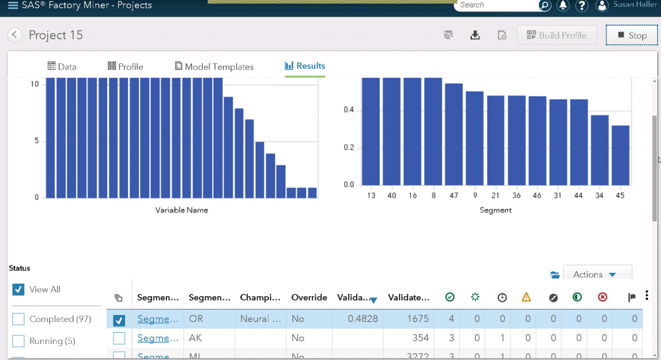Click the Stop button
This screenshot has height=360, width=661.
tap(631, 35)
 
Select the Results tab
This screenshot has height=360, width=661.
tap(305, 66)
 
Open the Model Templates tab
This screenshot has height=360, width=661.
tap(214, 66)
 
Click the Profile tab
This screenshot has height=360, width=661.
tap(125, 66)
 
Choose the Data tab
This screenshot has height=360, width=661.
tap(62, 66)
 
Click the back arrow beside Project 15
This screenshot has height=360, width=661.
tap(15, 35)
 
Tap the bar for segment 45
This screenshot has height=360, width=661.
tap(620, 155)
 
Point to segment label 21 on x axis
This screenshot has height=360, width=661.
tap(496, 195)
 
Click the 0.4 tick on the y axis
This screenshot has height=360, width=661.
tap(349, 110)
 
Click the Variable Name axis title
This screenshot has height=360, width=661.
tap(181, 210)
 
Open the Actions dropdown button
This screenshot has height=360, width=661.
tap(597, 274)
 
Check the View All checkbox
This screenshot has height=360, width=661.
tap(19, 290)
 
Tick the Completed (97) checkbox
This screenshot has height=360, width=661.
tap(19, 319)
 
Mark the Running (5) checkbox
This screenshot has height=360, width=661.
tap(19, 341)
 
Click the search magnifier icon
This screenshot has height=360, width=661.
tap(545, 5)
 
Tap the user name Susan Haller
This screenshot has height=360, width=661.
tap(632, 5)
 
